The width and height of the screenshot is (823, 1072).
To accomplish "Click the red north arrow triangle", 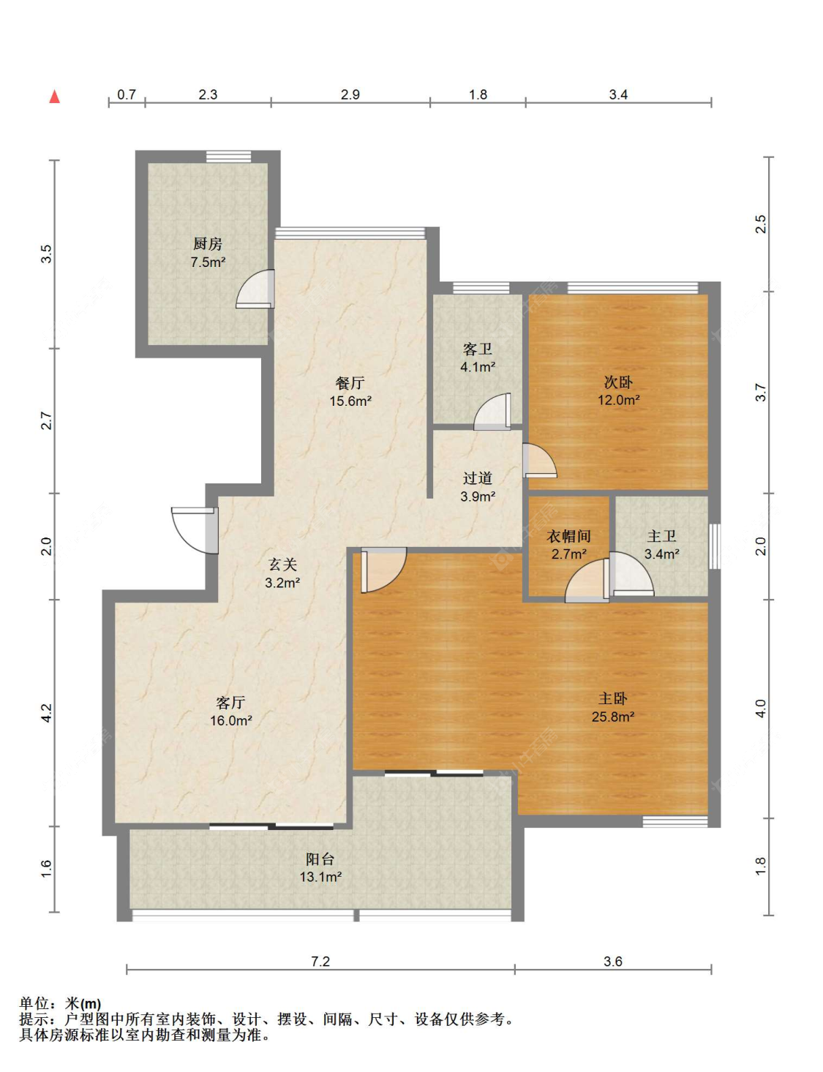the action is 55,97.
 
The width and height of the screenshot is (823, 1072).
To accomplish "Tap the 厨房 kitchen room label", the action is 207,244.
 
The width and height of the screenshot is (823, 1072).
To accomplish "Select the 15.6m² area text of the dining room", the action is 350,401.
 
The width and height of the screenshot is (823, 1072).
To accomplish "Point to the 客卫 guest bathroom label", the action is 477,350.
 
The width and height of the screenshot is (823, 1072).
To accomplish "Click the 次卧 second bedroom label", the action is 618,382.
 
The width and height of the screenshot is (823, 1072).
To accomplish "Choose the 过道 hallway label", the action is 477,478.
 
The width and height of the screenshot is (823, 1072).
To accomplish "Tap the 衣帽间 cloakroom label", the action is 568,536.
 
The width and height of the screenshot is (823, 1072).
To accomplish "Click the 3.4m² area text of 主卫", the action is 661,554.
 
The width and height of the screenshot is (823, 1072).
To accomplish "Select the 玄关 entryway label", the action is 282,565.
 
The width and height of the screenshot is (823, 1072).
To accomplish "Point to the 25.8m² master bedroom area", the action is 613,717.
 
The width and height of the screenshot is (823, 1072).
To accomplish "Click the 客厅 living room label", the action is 230,702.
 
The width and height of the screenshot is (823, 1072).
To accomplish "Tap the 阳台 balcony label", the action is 320,859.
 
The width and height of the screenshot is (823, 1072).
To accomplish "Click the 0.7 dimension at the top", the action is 127,94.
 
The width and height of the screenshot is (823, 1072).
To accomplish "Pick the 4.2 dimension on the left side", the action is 46,713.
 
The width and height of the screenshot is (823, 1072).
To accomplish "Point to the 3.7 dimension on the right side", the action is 762,392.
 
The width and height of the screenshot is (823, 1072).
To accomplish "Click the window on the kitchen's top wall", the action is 228,156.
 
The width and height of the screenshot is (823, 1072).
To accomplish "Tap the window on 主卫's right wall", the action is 715,547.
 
